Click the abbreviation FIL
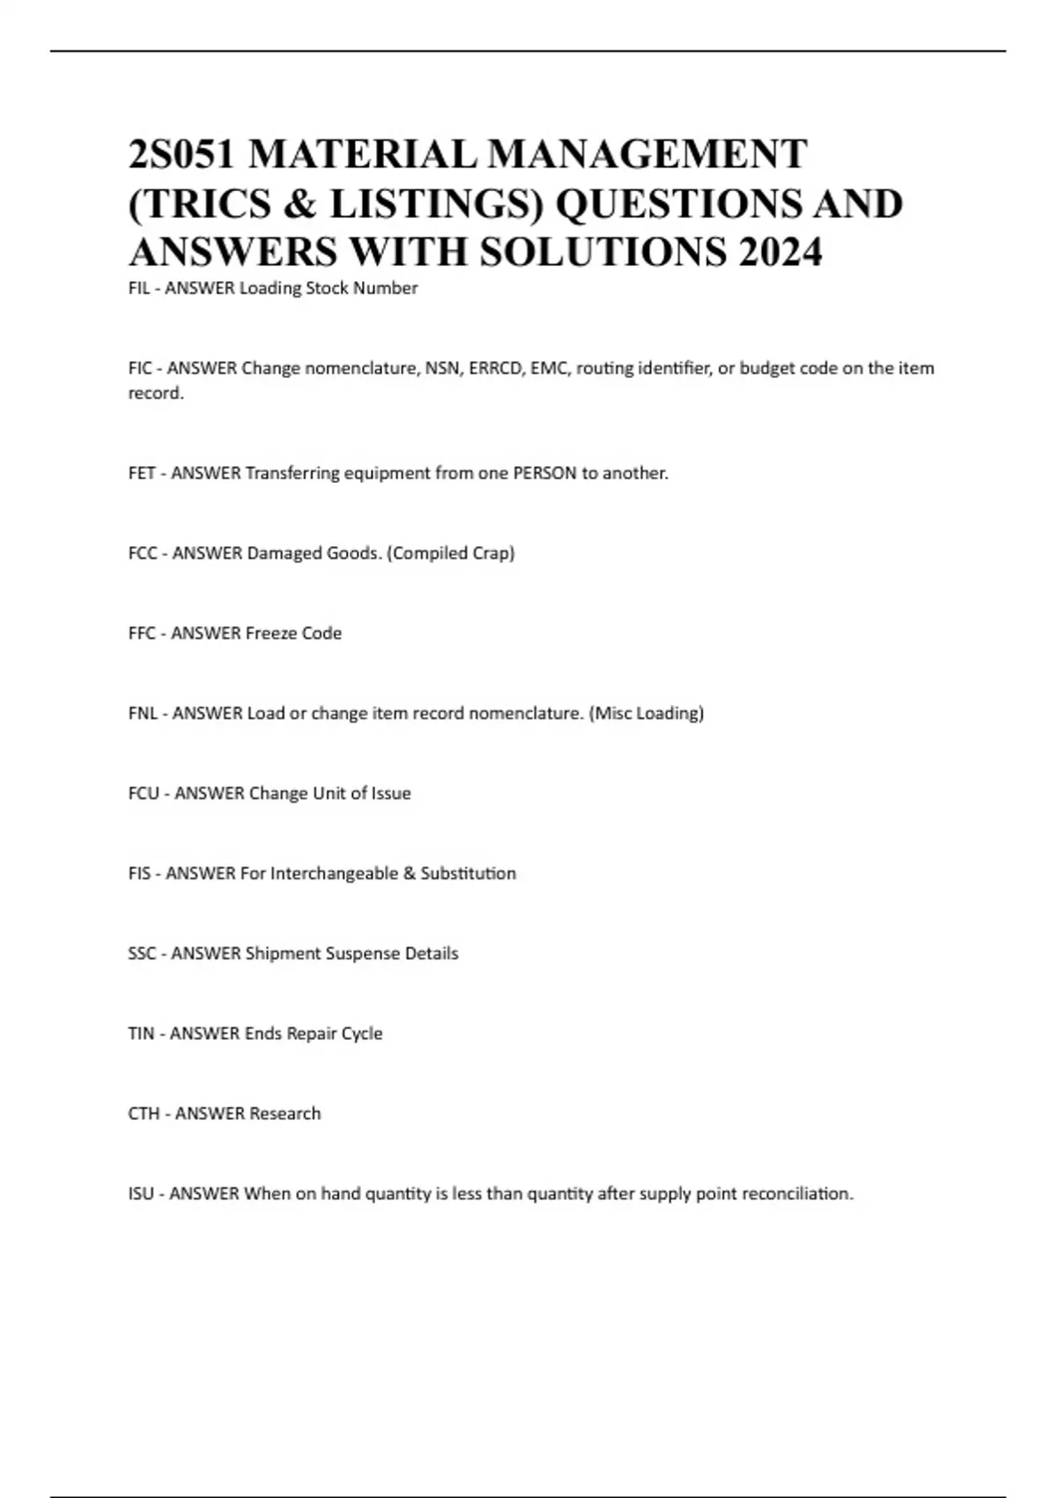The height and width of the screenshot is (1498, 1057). pyautogui.click(x=139, y=288)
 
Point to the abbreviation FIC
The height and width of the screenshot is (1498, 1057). pyautogui.click(x=140, y=368)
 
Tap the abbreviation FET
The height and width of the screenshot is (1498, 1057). pyautogui.click(x=142, y=473)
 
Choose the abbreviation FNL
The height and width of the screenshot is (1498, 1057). pyautogui.click(x=143, y=714)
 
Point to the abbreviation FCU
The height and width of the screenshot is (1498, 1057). pyautogui.click(x=144, y=794)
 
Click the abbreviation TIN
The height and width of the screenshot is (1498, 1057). pyautogui.click(x=141, y=1035)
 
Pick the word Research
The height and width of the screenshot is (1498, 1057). pyautogui.click(x=285, y=1115)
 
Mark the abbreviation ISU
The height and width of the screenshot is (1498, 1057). pyautogui.click(x=141, y=1195)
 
